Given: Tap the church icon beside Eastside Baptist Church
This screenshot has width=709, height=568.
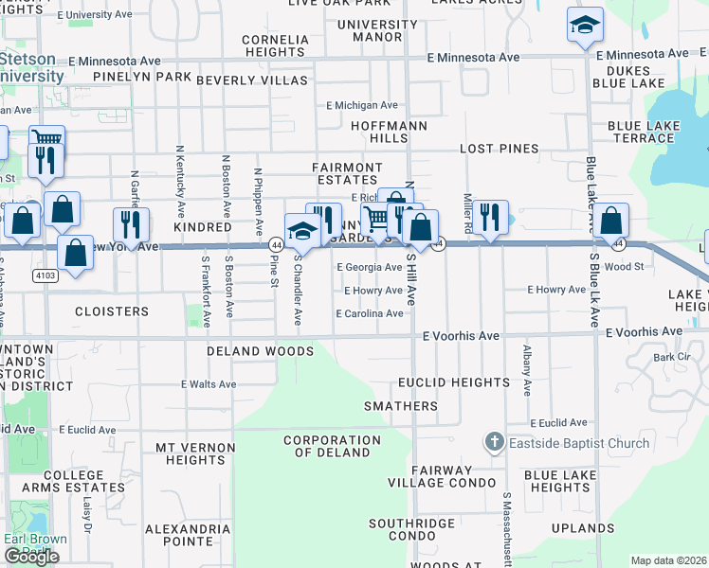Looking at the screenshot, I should click(493, 442).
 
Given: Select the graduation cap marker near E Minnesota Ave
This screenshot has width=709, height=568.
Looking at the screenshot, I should click(585, 25).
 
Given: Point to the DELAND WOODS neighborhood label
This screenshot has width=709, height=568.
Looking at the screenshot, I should click(261, 351).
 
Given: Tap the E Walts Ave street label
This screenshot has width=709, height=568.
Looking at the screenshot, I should click(209, 384).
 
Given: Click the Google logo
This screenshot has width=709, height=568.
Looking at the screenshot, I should click(31, 557).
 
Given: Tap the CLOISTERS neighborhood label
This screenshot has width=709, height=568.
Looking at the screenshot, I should click(112, 311).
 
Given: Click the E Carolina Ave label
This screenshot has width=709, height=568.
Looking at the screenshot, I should click(369, 313).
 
